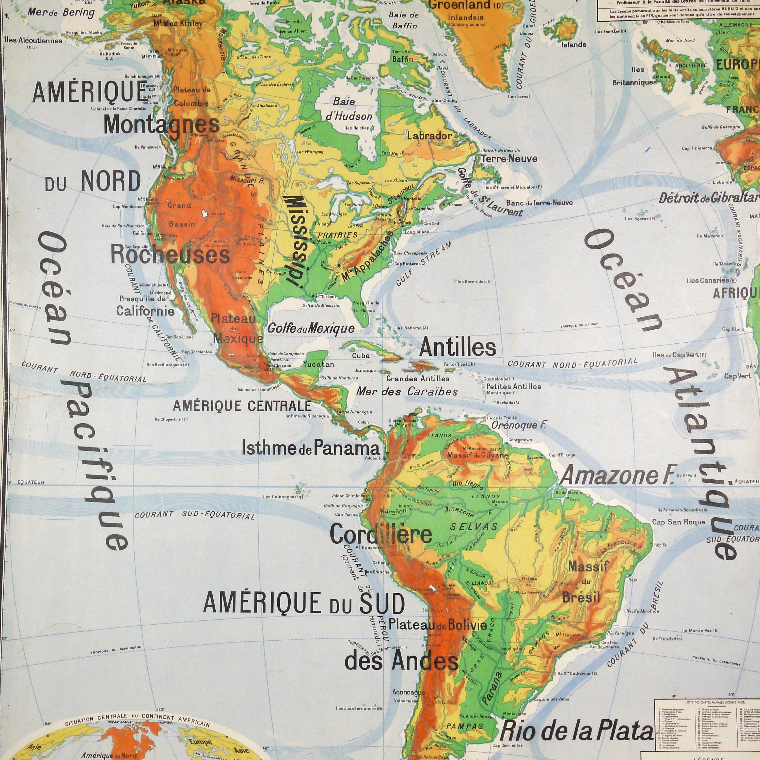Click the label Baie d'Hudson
[x=352, y=109]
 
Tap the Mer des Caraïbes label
[x=407, y=392]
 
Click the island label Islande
[x=574, y=44]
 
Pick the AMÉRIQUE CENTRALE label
[x=242, y=406]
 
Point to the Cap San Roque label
[x=678, y=522]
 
